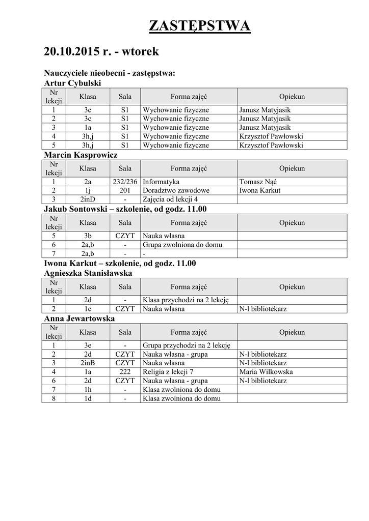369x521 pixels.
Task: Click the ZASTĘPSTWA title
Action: pyautogui.click(x=199, y=26)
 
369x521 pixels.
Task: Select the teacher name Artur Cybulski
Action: pyautogui.click(x=73, y=83)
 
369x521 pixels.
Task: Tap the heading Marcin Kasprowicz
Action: pyautogui.click(x=81, y=155)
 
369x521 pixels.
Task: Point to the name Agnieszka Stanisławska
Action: pyautogui.click(x=88, y=273)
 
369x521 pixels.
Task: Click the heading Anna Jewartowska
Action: pyautogui.click(x=80, y=319)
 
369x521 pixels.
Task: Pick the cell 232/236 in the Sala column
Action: pyautogui.click(x=125, y=182)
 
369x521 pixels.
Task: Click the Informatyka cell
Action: pyautogui.click(x=161, y=182)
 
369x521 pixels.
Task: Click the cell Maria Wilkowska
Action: pyautogui.click(x=266, y=372)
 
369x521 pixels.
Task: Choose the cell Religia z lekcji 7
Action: pyautogui.click(x=168, y=372)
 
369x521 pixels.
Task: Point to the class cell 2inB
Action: pyautogui.click(x=88, y=363)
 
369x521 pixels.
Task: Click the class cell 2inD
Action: pyautogui.click(x=88, y=199)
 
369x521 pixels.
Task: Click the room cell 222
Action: pyautogui.click(x=125, y=372)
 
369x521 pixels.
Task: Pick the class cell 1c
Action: pyautogui.click(x=88, y=309)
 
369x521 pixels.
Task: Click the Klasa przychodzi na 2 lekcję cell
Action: pyautogui.click(x=186, y=300)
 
